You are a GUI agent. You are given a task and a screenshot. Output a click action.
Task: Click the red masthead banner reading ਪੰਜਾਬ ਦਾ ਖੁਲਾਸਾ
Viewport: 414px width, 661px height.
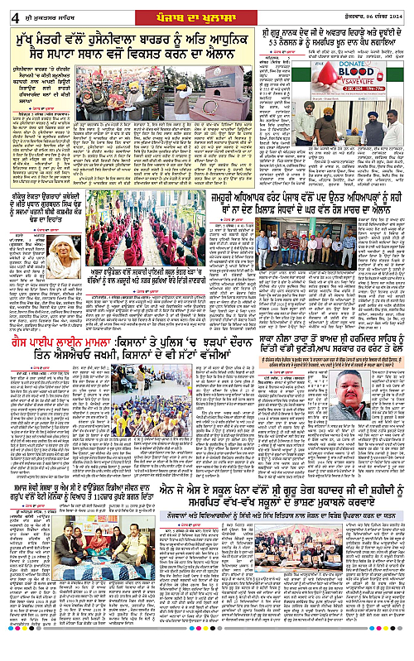point(206,10)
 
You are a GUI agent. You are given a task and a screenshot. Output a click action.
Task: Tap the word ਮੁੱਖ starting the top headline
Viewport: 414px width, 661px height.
point(27,38)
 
